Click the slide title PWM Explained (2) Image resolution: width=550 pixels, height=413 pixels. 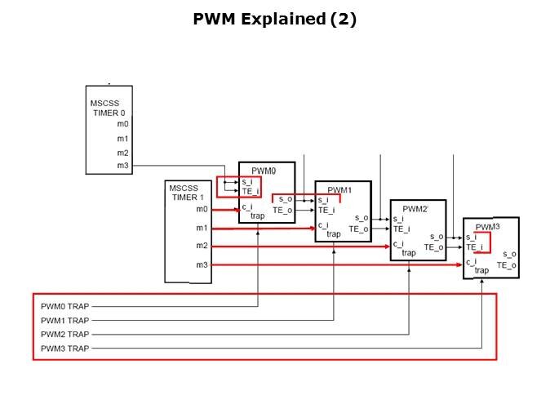tap(274, 19)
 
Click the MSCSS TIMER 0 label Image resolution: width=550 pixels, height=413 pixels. tap(108, 108)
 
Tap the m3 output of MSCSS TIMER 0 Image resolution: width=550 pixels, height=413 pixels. tap(122, 166)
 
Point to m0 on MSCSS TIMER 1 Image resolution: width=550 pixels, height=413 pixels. tap(202, 210)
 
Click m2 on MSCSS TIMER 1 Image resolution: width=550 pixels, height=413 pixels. tap(202, 246)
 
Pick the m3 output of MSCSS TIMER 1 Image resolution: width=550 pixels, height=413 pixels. tap(202, 264)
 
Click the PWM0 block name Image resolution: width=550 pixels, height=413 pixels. tap(254, 171)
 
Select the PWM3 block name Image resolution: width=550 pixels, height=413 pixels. tap(487, 227)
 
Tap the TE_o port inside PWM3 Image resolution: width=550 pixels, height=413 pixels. tap(507, 265)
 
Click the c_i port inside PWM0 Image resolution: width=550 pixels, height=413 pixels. tap(246, 206)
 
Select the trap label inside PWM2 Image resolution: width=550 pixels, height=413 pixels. tap(408, 253)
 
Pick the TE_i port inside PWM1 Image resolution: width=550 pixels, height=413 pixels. tap(326, 210)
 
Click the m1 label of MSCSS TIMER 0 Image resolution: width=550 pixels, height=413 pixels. tap(122, 138)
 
